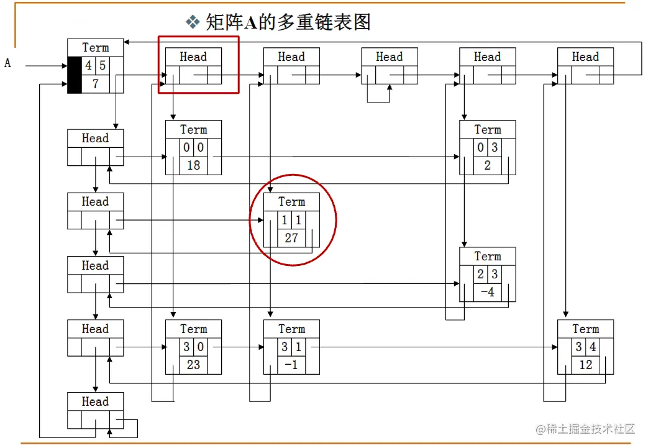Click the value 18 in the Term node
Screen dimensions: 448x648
point(193,165)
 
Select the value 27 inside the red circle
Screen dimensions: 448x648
point(291,237)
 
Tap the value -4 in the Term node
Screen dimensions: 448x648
point(488,292)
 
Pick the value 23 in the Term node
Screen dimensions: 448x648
point(193,365)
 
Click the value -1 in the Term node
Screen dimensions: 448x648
point(291,365)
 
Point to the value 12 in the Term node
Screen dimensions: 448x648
point(585,365)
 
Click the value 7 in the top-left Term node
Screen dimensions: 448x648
point(96,83)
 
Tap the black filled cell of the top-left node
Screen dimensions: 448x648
point(75,75)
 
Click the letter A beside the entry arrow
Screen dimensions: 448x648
point(8,63)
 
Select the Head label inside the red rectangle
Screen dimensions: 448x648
point(193,57)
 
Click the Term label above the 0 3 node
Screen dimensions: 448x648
point(488,129)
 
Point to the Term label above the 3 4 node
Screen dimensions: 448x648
point(585,329)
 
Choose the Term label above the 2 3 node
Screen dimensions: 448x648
point(488,256)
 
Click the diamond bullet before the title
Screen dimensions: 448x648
point(192,23)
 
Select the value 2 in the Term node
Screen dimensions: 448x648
point(488,165)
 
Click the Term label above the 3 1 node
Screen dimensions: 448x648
point(291,329)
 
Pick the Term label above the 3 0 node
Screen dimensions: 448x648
point(193,329)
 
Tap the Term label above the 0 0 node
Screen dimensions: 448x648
point(193,129)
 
